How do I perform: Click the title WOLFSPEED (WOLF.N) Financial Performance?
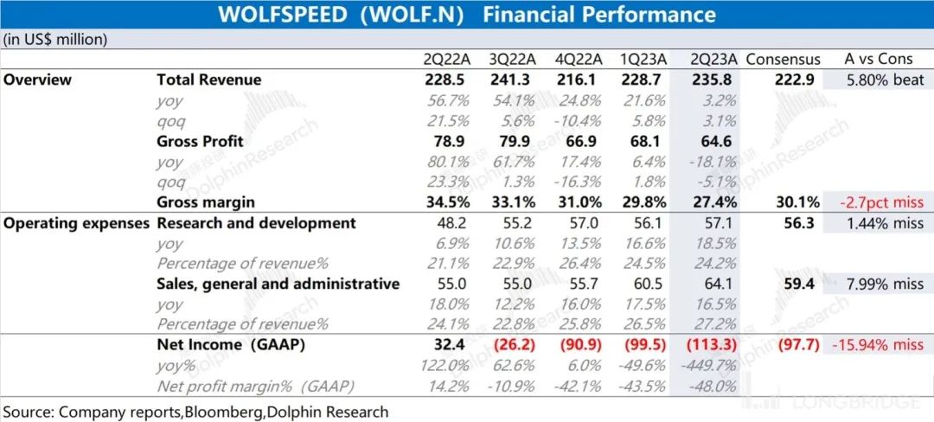point(466,15)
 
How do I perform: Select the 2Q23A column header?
point(713,60)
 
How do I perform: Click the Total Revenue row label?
point(208,80)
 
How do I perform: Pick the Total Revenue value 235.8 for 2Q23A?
point(713,80)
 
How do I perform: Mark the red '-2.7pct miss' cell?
point(878,202)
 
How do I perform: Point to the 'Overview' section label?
point(37,80)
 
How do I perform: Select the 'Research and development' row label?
point(256,223)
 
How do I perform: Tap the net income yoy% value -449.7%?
point(713,365)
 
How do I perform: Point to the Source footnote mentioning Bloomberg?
point(195,412)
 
